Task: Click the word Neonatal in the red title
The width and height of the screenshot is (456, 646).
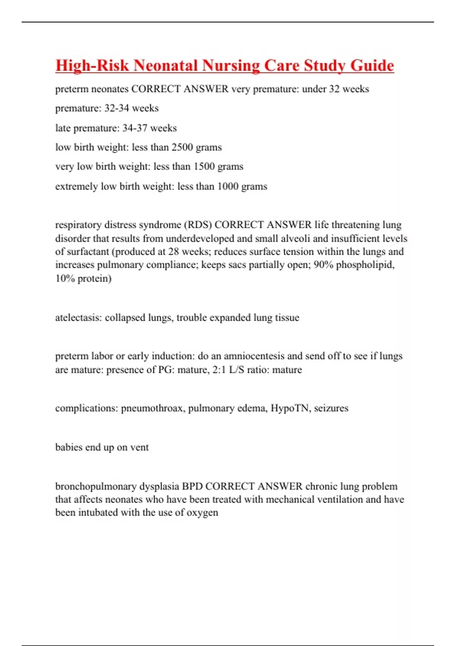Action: pyautogui.click(x=166, y=65)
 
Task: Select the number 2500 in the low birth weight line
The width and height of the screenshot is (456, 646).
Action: pyautogui.click(x=182, y=147)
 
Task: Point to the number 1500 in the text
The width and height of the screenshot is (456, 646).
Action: pyautogui.click(x=204, y=166)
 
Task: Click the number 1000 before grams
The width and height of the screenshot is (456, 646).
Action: pyautogui.click(x=228, y=186)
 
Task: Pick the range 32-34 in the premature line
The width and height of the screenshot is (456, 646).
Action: pyautogui.click(x=117, y=108)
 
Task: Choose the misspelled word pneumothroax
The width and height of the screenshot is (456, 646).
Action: pyautogui.click(x=152, y=408)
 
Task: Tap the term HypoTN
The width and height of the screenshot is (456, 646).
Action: pyautogui.click(x=289, y=408)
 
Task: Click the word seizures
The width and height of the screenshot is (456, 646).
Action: pyautogui.click(x=331, y=408)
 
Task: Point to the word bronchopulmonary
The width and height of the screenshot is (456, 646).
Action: pyautogui.click(x=96, y=486)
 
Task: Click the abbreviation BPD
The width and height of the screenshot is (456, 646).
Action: pyautogui.click(x=192, y=486)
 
